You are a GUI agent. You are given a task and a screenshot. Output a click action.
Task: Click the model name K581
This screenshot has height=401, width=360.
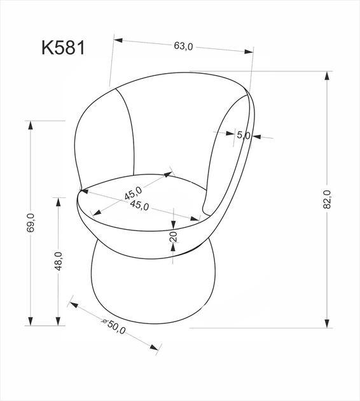click(63, 48)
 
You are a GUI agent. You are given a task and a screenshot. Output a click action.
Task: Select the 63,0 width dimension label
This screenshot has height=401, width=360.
click(183, 46)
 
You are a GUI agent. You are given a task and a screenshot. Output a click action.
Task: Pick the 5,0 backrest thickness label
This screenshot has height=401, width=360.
click(244, 135)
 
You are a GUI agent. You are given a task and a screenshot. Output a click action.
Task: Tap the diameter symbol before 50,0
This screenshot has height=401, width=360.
click(105, 321)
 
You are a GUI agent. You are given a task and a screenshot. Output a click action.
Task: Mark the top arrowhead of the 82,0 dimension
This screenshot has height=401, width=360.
click(328, 76)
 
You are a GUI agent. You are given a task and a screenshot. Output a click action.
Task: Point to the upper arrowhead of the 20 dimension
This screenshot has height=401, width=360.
click(173, 223)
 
